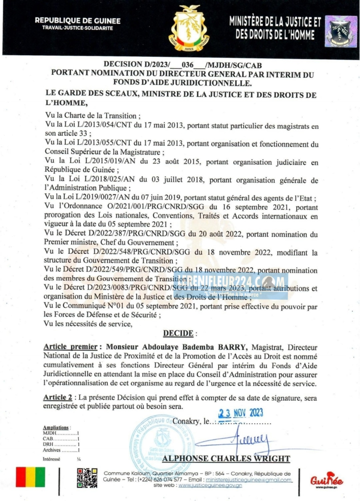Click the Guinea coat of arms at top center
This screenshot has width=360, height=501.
point(188,28)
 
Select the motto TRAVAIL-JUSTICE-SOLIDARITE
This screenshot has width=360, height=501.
point(78,28)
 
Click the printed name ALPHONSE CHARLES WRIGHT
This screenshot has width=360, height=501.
point(226,459)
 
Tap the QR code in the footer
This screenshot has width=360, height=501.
point(87,478)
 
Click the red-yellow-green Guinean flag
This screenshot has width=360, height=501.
point(30,477)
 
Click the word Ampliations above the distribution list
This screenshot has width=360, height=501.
point(56,428)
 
